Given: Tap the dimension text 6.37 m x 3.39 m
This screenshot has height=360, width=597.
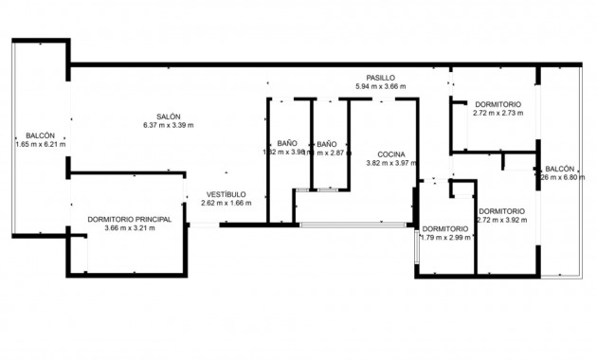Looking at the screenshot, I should (169, 125).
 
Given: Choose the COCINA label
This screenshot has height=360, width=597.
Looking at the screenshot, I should (391, 153).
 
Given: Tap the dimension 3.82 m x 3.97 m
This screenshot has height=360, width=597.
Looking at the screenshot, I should (391, 162).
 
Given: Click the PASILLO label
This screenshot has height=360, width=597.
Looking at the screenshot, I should (381, 78).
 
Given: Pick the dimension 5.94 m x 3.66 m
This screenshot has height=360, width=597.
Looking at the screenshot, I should (381, 86).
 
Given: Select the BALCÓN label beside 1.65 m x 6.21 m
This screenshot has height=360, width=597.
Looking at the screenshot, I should (40, 135).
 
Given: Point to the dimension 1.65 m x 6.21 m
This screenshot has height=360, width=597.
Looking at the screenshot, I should (40, 144).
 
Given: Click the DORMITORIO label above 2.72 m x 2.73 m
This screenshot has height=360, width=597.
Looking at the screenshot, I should (498, 104).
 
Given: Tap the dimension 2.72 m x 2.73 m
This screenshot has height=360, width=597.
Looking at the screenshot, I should (498, 113).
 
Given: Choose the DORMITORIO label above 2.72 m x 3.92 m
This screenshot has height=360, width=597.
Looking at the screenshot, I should (502, 210).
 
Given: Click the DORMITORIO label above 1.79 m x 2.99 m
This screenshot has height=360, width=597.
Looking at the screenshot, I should (445, 228).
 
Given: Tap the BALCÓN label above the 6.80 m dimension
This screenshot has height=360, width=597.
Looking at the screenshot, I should (559, 168).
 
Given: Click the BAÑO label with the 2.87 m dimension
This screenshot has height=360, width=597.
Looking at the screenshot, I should (327, 143).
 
